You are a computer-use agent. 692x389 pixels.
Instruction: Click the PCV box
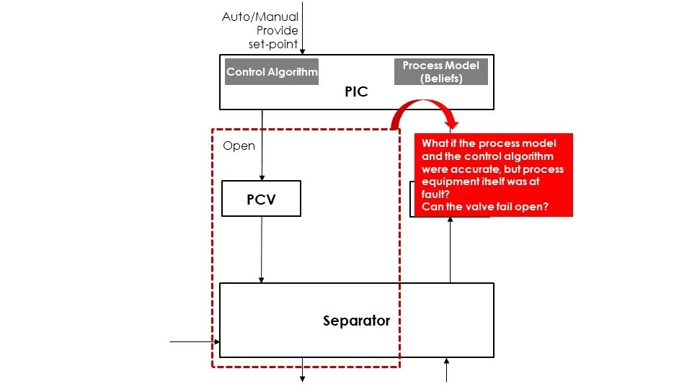(x=261, y=200)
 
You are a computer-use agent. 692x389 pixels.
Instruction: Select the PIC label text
(x=356, y=92)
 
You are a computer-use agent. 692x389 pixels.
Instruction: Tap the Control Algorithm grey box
(x=272, y=72)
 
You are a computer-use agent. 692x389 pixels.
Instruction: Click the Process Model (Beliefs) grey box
(x=441, y=72)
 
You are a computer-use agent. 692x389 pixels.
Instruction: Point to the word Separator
(x=356, y=321)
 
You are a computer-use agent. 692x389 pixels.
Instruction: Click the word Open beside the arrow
(x=239, y=146)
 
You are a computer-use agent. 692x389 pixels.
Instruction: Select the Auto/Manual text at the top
(x=259, y=17)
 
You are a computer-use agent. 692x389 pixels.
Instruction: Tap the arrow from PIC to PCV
(x=262, y=144)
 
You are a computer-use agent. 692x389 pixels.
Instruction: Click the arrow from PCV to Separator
(x=262, y=249)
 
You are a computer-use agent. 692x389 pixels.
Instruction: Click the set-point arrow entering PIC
(x=303, y=36)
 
